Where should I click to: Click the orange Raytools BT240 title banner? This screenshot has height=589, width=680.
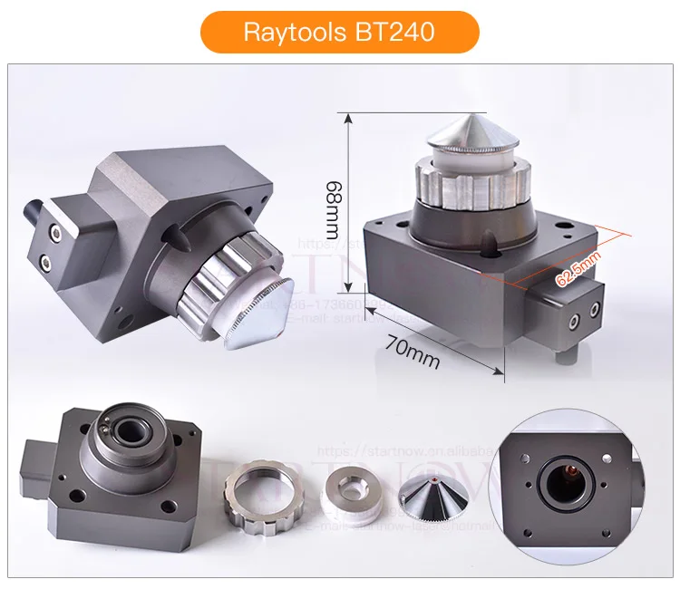click(339, 32)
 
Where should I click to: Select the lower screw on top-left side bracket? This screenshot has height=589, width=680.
click(46, 263)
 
